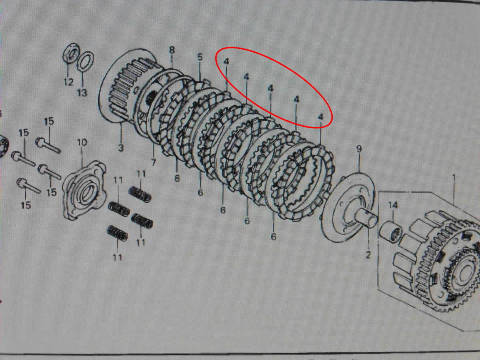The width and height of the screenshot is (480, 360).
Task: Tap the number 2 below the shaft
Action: [x=368, y=255]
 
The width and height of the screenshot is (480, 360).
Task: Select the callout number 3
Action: [x=121, y=148]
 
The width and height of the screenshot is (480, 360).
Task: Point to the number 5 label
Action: [x=200, y=57]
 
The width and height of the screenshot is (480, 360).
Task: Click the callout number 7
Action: [x=153, y=162]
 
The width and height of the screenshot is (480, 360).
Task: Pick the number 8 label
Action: [x=172, y=50]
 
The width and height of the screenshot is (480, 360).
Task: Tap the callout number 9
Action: [x=359, y=149]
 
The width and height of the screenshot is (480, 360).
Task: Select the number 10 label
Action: [x=82, y=142]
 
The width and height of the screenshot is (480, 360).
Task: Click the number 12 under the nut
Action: [x=68, y=82]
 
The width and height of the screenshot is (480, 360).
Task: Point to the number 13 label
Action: [x=82, y=93]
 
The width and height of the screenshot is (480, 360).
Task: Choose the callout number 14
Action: [x=393, y=205]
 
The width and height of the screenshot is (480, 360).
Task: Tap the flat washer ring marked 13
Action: [x=86, y=62]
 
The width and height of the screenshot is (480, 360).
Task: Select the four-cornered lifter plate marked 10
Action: [x=84, y=190]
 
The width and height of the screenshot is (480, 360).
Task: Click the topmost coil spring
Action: [x=140, y=194]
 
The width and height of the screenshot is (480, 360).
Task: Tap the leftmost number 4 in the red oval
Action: [x=226, y=62]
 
